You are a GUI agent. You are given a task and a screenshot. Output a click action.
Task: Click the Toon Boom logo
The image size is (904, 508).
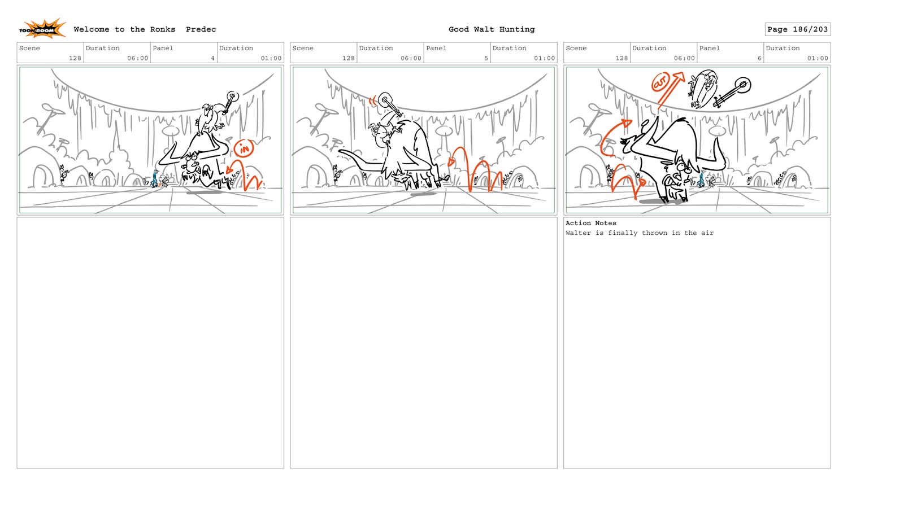pos(42,29)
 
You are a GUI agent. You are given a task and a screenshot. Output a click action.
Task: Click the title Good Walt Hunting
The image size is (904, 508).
pos(492,29)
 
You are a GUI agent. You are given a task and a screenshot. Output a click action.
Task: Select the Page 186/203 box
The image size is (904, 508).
pos(797,29)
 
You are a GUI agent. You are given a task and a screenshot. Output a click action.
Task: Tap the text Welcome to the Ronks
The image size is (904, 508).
pos(124,29)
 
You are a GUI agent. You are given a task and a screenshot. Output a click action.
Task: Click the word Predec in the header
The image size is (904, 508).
pos(201,29)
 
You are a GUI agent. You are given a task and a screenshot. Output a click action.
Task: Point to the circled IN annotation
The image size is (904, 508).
pos(244,149)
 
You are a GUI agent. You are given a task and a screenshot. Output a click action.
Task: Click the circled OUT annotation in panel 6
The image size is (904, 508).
pos(660,82)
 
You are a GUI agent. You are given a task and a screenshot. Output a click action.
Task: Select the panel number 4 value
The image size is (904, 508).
pos(212,58)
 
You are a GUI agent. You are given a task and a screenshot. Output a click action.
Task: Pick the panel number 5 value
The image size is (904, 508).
pos(486,58)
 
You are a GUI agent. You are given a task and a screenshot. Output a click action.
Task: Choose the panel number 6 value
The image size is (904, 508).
pos(759,58)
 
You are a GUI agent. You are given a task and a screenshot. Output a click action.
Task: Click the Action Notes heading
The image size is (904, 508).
pos(591,223)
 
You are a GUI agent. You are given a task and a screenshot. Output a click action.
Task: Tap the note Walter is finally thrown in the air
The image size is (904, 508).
pos(640,233)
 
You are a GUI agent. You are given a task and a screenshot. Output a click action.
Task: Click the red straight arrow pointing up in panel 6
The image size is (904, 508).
pos(671,90)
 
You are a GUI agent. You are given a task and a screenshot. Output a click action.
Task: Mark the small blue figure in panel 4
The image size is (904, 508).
pos(155,178)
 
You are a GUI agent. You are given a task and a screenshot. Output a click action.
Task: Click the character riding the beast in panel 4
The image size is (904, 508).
pos(208,119)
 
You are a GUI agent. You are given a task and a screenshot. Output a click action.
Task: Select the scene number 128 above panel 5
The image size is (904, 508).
pos(348,58)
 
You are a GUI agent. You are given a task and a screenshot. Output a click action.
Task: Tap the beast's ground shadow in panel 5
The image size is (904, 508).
pos(423,194)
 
